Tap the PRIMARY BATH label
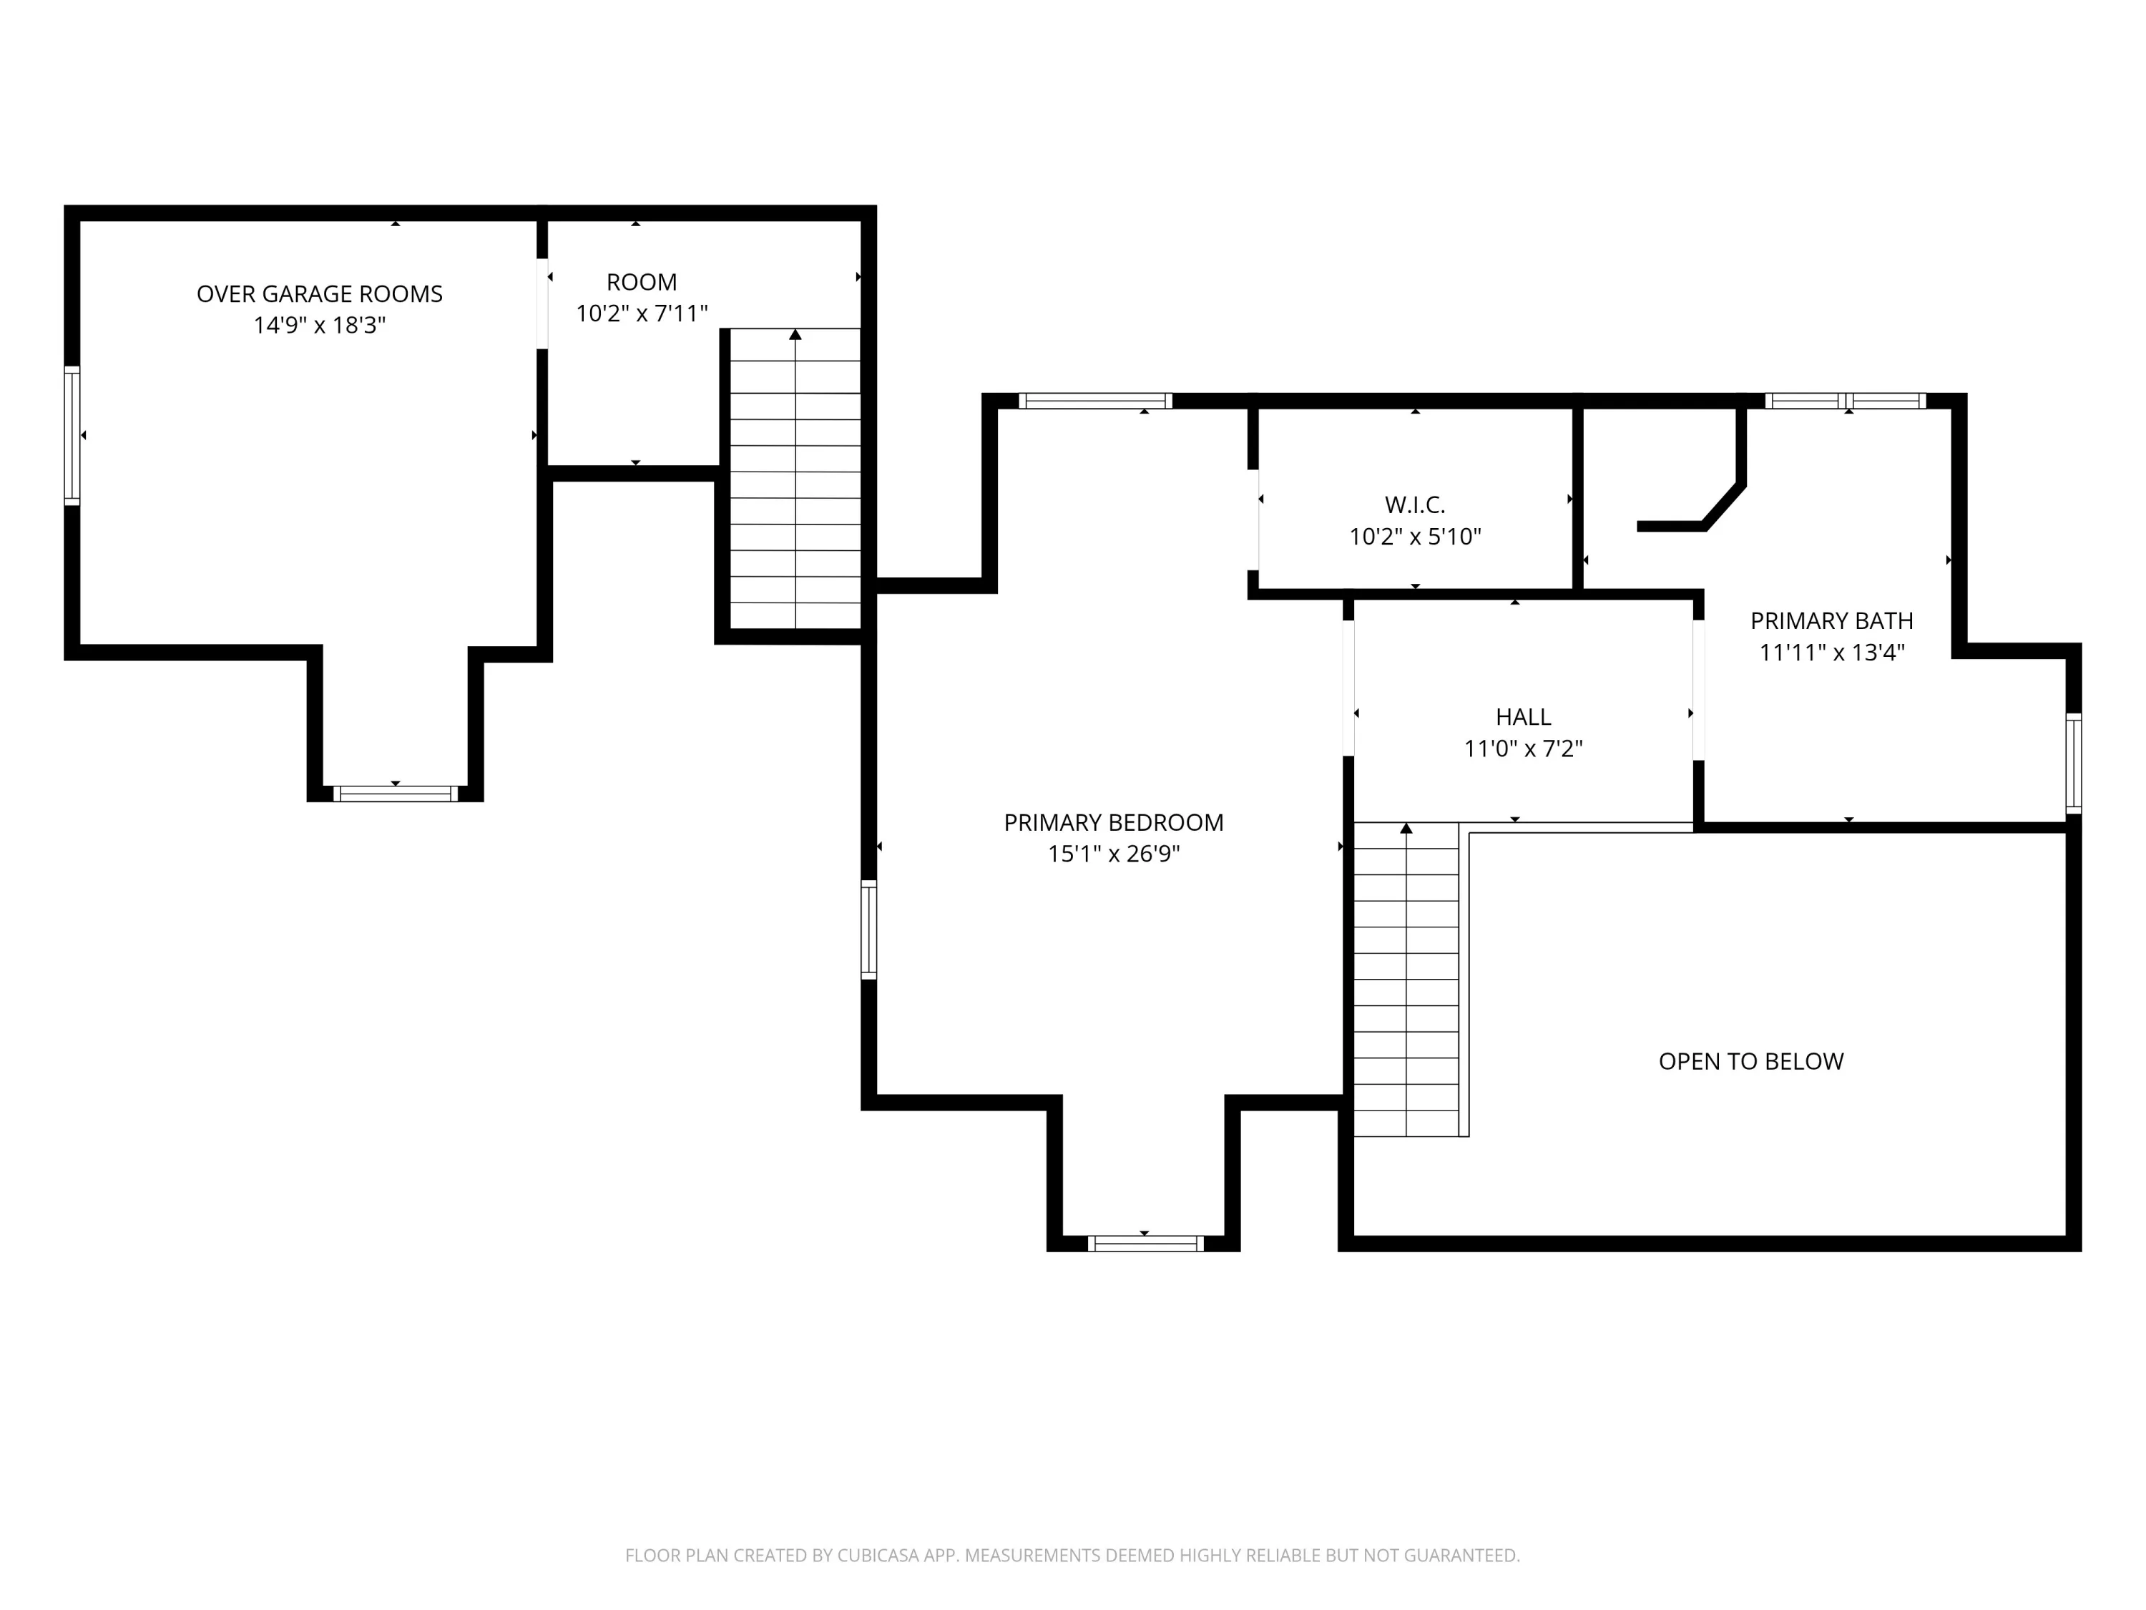(x=1832, y=621)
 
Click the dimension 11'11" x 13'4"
(x=1832, y=652)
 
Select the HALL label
(x=1523, y=717)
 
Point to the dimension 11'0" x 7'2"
(x=1523, y=748)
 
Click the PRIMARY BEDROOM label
(x=1114, y=823)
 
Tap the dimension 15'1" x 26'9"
(x=1114, y=854)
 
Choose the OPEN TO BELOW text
(x=1751, y=1062)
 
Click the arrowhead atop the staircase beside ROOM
(x=795, y=335)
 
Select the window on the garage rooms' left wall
(x=72, y=436)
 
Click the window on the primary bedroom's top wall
(x=1095, y=401)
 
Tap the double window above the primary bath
(x=1846, y=401)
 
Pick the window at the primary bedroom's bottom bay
(x=1146, y=1243)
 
